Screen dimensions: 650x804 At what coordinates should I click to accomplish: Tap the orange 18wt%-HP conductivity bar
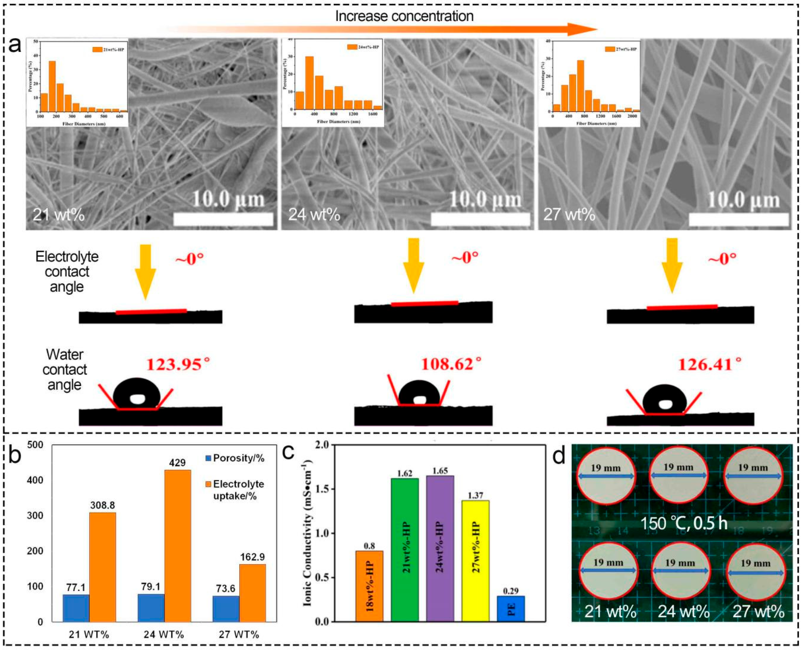(x=369, y=586)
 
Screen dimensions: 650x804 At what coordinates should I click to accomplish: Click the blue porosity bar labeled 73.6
(x=226, y=609)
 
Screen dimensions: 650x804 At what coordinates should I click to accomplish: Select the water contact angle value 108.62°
(x=451, y=364)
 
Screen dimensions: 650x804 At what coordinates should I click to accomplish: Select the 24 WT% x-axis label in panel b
(x=164, y=635)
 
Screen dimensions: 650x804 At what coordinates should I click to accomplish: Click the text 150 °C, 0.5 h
(x=684, y=523)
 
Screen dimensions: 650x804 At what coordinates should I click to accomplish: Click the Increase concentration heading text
(x=404, y=16)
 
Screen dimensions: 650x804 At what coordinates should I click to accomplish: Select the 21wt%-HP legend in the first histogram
(x=108, y=49)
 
